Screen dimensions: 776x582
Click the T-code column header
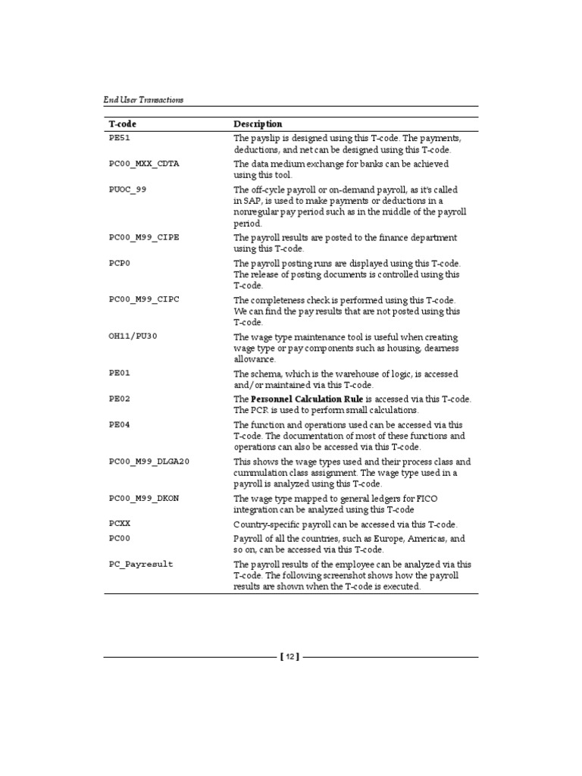(123, 124)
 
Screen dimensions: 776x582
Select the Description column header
(258, 124)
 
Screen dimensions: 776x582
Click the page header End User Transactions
(143, 99)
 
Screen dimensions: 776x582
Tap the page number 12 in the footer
(291, 657)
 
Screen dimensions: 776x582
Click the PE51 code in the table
(120, 139)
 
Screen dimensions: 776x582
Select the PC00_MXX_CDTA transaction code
(144, 164)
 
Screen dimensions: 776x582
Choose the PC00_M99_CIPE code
(144, 238)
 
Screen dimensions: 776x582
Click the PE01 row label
(120, 374)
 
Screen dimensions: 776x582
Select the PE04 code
(120, 424)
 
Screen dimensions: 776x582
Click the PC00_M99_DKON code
(144, 498)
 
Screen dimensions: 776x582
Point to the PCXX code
(120, 524)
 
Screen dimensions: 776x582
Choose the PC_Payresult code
(141, 565)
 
